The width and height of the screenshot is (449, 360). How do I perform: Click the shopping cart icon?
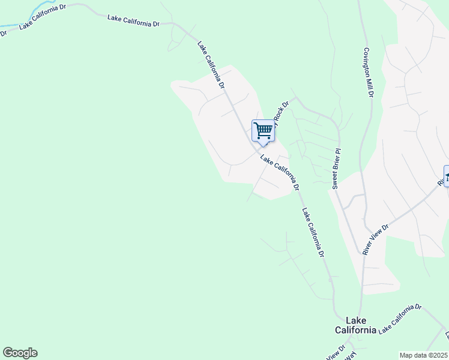(263, 131)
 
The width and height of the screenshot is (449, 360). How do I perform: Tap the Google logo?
(20, 353)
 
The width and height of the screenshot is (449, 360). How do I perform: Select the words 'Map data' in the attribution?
(414, 355)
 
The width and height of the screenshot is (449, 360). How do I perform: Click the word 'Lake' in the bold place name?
(355, 320)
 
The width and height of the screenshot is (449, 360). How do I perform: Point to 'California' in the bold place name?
(355, 330)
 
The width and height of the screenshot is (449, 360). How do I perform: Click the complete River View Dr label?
(376, 240)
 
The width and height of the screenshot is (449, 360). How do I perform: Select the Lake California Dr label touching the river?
(42, 22)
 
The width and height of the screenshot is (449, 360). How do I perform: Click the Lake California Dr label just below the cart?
(280, 171)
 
